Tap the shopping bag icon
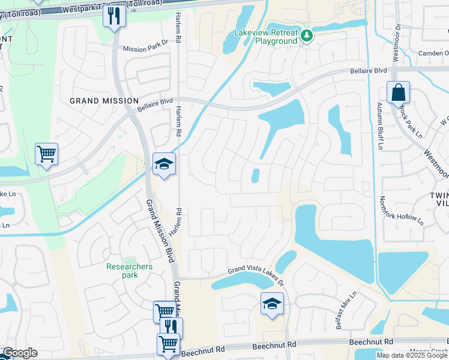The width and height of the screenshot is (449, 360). coord(398,93)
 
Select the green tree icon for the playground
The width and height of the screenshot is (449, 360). coord(307,36)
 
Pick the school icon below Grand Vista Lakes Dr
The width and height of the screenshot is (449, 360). coord(271,304)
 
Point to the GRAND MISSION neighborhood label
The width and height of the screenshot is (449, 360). coord(104,101)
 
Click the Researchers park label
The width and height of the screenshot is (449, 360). coord(129,271)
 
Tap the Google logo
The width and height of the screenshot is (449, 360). coord(19,353)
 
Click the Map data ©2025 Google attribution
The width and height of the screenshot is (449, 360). coord(411,355)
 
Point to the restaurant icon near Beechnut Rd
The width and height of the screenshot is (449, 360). coord(172,328)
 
